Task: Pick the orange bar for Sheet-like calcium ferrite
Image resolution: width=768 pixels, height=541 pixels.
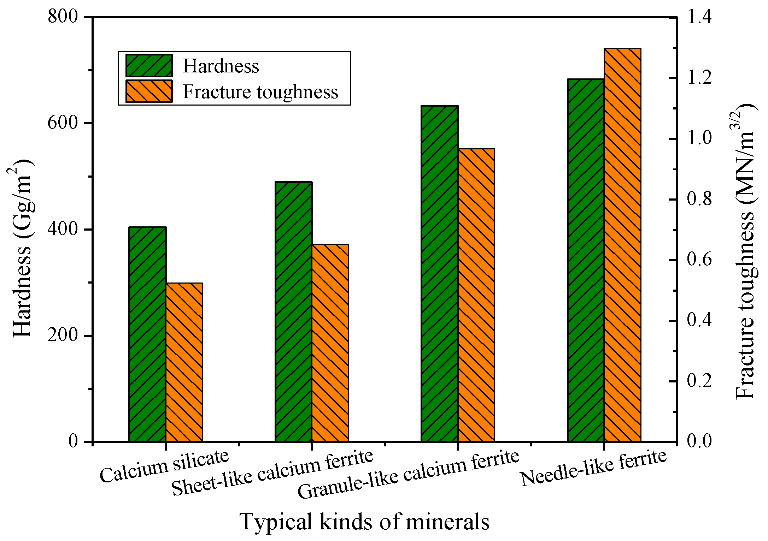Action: click(330, 343)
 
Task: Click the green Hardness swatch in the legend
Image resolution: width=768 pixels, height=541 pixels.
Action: click(149, 66)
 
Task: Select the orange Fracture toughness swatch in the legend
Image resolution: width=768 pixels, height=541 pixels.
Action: click(149, 91)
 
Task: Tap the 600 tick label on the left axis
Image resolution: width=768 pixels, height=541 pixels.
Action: click(63, 123)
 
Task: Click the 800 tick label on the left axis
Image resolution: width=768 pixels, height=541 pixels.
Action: click(63, 17)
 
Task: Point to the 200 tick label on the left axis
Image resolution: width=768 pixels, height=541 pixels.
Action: click(63, 335)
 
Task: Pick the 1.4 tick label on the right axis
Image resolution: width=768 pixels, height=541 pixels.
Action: click(699, 17)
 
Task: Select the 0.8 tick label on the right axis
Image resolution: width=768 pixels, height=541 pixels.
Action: click(699, 199)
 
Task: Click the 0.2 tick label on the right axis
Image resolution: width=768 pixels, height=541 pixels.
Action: click(699, 381)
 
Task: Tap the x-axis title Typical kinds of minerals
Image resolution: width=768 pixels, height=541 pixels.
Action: click(364, 522)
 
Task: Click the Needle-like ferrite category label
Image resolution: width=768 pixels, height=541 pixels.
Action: click(594, 468)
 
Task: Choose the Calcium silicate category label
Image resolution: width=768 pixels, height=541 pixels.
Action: click(164, 466)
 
